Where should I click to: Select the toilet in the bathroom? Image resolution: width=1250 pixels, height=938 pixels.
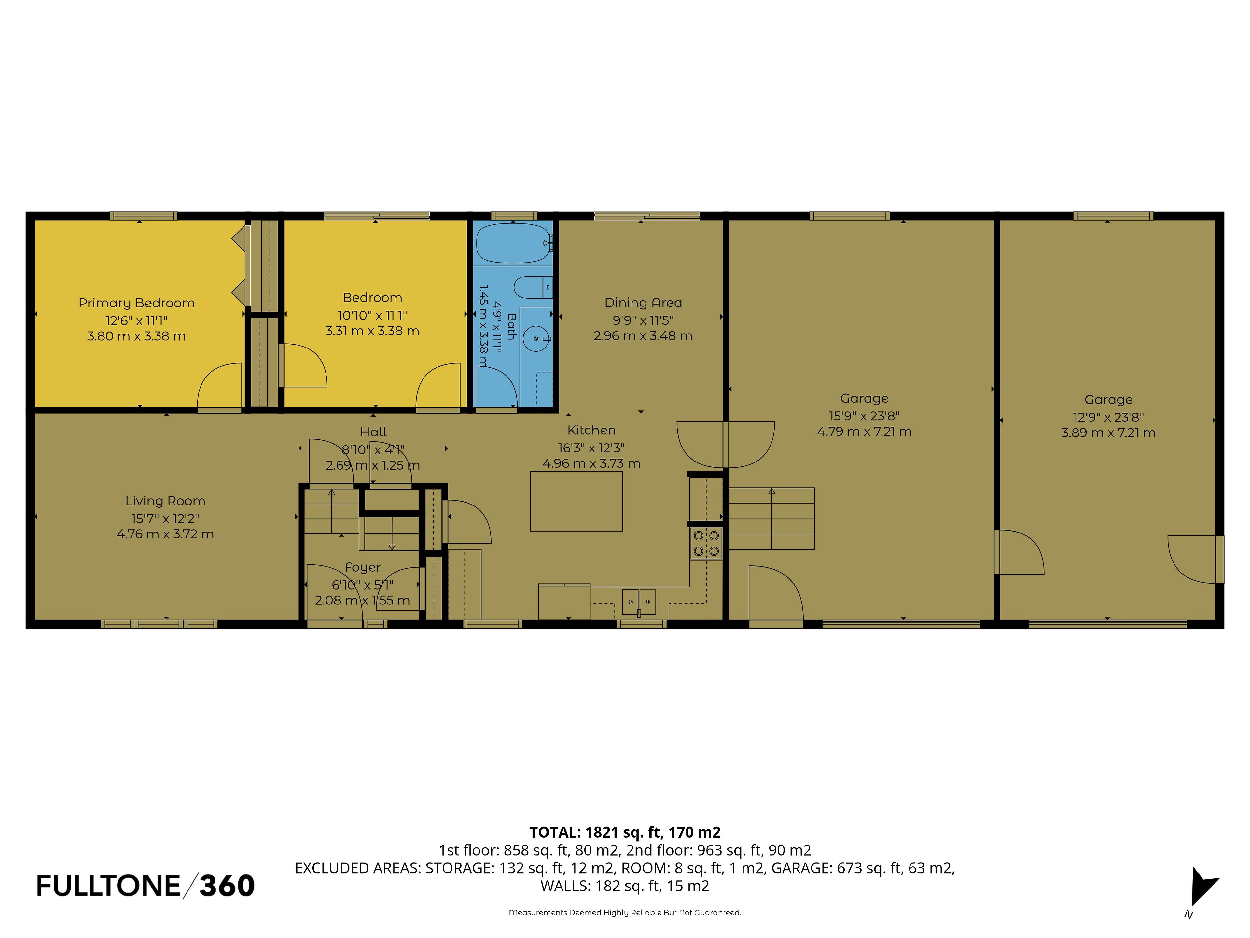click(x=533, y=287)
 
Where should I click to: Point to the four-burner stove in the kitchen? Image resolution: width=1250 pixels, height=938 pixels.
click(x=706, y=543)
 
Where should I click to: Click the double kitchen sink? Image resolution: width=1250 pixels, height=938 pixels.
click(x=639, y=602)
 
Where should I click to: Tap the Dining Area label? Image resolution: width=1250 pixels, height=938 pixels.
click(x=643, y=303)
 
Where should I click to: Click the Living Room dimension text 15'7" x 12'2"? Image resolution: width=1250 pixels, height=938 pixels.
click(x=165, y=519)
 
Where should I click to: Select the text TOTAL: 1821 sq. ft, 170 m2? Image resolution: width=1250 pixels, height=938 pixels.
click(x=625, y=832)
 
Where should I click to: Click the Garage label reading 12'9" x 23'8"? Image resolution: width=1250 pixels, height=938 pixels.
click(x=1108, y=417)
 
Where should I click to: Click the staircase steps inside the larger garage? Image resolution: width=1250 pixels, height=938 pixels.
click(x=771, y=519)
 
